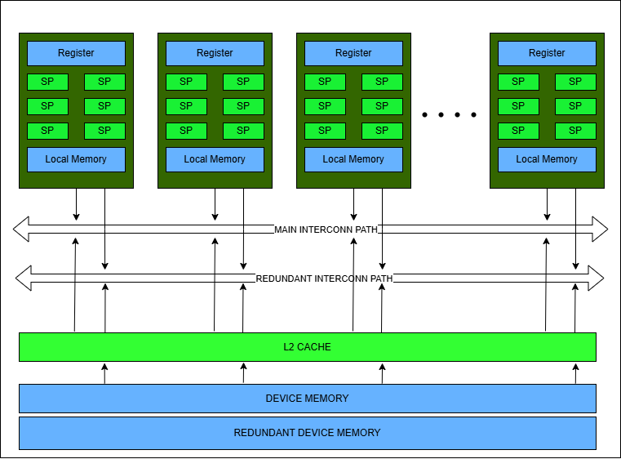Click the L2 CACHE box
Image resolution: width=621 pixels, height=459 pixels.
308,347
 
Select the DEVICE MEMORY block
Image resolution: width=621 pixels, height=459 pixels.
308,399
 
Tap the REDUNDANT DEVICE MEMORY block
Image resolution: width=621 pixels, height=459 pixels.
308,433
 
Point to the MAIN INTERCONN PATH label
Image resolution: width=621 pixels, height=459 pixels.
326,229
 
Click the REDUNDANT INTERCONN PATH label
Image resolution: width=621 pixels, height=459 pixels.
324,279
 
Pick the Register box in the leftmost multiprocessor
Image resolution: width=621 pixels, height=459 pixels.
76,53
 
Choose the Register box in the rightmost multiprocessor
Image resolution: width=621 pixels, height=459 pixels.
547,53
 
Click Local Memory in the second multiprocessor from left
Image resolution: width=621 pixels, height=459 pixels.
215,159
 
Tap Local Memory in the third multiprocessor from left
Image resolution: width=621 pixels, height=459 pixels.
353,159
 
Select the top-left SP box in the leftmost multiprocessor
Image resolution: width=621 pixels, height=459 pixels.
47,82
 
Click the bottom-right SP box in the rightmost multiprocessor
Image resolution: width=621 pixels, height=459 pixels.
575,131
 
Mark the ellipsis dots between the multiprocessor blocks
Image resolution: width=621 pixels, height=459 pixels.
449,115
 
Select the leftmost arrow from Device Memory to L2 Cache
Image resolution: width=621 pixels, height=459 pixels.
104,373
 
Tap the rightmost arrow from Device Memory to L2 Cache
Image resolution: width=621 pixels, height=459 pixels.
575,373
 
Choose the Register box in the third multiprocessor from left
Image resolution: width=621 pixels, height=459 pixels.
353,53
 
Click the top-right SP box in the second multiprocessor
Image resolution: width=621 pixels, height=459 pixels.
243,82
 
